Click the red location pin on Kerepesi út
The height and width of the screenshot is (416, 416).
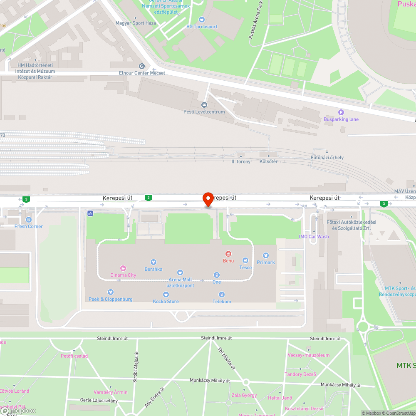[208, 199]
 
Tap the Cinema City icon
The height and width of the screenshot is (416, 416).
[123, 268]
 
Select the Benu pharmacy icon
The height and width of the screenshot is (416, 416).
[228, 254]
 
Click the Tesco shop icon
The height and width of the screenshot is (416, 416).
[245, 260]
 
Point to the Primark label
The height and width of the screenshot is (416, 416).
[266, 262]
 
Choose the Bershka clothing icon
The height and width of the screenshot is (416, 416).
[154, 262]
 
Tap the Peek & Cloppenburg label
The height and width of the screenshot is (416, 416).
[111, 299]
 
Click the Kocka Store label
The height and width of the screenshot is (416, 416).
[166, 301]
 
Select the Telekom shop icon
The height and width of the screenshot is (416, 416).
[222, 295]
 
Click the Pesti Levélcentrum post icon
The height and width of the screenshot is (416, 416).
[204, 104]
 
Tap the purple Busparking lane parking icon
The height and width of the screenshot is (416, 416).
[341, 112]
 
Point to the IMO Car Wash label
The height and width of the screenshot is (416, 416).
[314, 237]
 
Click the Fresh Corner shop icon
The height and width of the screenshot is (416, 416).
[29, 219]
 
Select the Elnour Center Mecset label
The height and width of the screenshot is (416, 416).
[142, 73]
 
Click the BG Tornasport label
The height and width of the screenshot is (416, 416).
[202, 27]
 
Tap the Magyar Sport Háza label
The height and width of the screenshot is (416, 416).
[136, 23]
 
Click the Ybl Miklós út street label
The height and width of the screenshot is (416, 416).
[227, 359]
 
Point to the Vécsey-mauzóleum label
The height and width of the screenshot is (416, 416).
[308, 355]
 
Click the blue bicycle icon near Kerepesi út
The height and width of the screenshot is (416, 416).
[90, 213]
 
